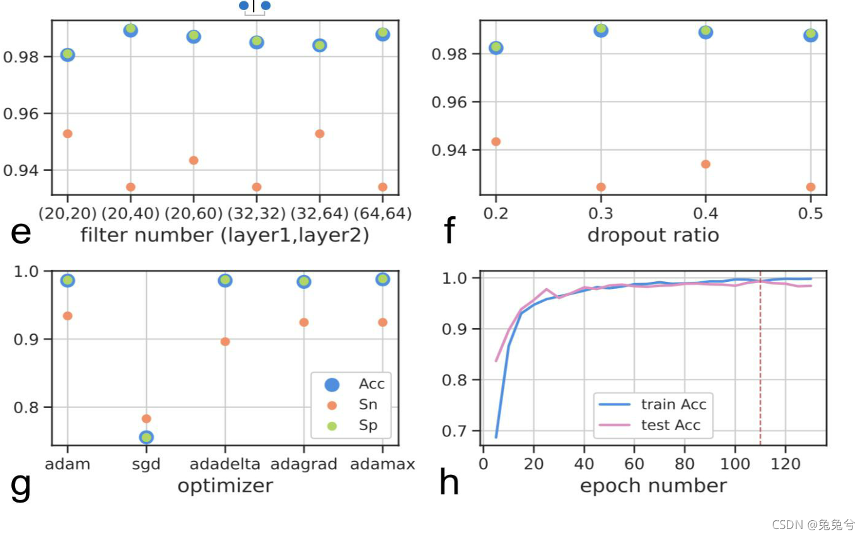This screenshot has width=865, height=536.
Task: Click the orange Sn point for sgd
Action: coord(146,419)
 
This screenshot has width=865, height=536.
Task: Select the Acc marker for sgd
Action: coord(146,437)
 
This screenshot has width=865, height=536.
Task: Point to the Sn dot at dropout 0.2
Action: coord(496,141)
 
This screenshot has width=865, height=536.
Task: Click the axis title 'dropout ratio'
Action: coord(653,235)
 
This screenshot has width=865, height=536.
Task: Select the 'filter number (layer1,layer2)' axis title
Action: coord(224,235)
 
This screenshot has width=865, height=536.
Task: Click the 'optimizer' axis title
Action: coord(225,486)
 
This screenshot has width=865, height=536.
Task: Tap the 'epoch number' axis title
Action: coord(653,486)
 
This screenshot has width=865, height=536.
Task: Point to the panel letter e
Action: coord(21,233)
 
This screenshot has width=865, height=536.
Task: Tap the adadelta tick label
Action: coord(225,464)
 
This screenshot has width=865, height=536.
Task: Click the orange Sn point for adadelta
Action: coord(225,342)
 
